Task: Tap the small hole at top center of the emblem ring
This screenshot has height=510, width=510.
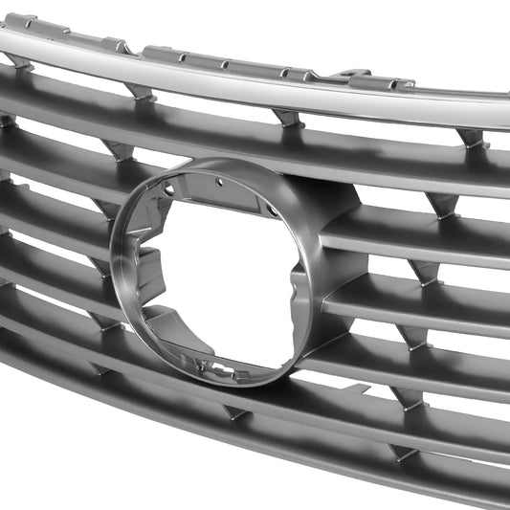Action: (x=219, y=182)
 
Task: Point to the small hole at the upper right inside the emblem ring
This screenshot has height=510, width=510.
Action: (x=271, y=211)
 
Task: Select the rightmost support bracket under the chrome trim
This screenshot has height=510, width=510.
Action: (x=472, y=139)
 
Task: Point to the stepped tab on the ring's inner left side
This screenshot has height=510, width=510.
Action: (x=148, y=263)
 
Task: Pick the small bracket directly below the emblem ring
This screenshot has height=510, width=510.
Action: (x=235, y=411)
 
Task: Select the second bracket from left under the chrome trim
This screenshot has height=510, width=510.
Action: (x=140, y=92)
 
